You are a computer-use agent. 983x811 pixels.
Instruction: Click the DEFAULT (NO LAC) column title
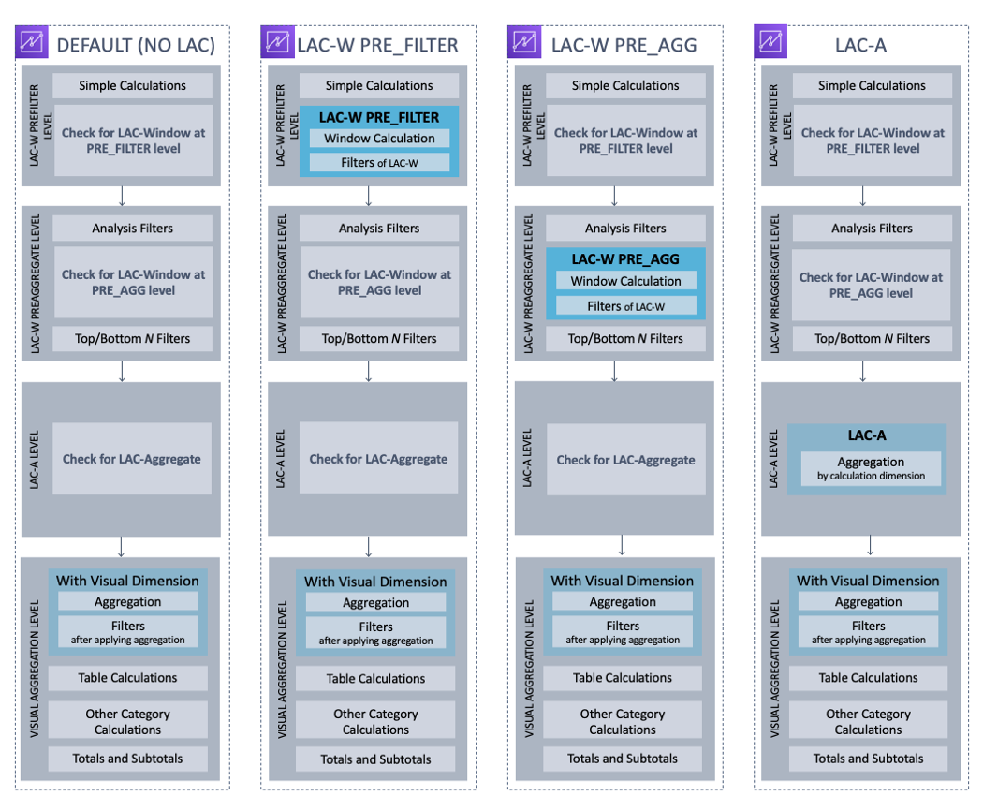[x=136, y=44]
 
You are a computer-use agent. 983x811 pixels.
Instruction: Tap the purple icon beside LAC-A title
[x=770, y=42]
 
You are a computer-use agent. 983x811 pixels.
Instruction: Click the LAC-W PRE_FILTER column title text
[x=377, y=44]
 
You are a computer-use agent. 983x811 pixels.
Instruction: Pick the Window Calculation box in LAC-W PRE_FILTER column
[x=379, y=139]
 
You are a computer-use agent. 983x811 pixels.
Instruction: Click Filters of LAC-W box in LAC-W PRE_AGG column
[x=626, y=306]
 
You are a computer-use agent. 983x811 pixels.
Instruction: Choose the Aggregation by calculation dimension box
[x=871, y=468]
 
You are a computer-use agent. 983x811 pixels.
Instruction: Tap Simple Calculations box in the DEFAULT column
[x=132, y=86]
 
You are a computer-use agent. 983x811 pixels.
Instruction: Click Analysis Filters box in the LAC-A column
[x=872, y=229]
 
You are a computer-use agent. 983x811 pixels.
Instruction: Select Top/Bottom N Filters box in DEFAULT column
[x=132, y=338]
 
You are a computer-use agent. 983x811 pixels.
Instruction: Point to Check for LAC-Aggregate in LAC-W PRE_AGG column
[x=625, y=460]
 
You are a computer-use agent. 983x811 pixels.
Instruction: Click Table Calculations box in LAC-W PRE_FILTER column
[x=375, y=679]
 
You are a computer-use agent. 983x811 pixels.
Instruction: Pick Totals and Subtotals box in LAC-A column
[x=868, y=759]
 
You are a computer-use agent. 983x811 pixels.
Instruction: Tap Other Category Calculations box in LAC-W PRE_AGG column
[x=623, y=721]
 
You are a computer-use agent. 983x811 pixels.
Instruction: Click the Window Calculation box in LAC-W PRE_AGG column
[x=626, y=281]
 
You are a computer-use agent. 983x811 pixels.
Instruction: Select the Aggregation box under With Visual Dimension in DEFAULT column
[x=128, y=602]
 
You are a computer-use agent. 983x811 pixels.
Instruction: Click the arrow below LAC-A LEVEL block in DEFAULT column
[x=122, y=547]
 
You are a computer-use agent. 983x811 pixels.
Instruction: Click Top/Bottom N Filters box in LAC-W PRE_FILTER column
[x=379, y=339]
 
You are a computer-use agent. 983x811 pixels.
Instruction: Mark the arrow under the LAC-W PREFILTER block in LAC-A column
[x=862, y=195]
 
